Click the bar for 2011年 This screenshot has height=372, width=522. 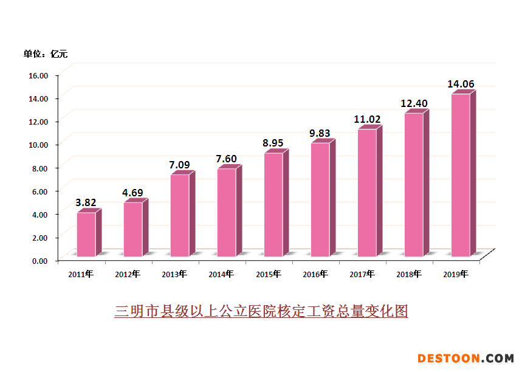(x=86, y=234)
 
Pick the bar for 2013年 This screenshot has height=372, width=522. (x=179, y=215)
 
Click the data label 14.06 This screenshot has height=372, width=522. (x=461, y=84)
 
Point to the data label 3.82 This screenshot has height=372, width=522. (x=86, y=202)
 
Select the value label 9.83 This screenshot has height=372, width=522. (x=320, y=133)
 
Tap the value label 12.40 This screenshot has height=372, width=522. (x=414, y=104)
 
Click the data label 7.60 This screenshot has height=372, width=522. (x=226, y=159)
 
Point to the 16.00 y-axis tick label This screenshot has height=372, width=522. (x=38, y=75)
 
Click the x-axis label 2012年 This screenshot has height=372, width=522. (x=128, y=274)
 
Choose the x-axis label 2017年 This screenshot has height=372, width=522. (x=362, y=274)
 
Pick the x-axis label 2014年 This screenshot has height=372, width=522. (x=221, y=274)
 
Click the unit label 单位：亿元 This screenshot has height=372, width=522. (x=46, y=54)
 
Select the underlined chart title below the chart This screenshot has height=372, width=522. (x=261, y=311)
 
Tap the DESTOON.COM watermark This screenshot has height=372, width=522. (x=465, y=359)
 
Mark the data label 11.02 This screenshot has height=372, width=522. (x=367, y=119)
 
